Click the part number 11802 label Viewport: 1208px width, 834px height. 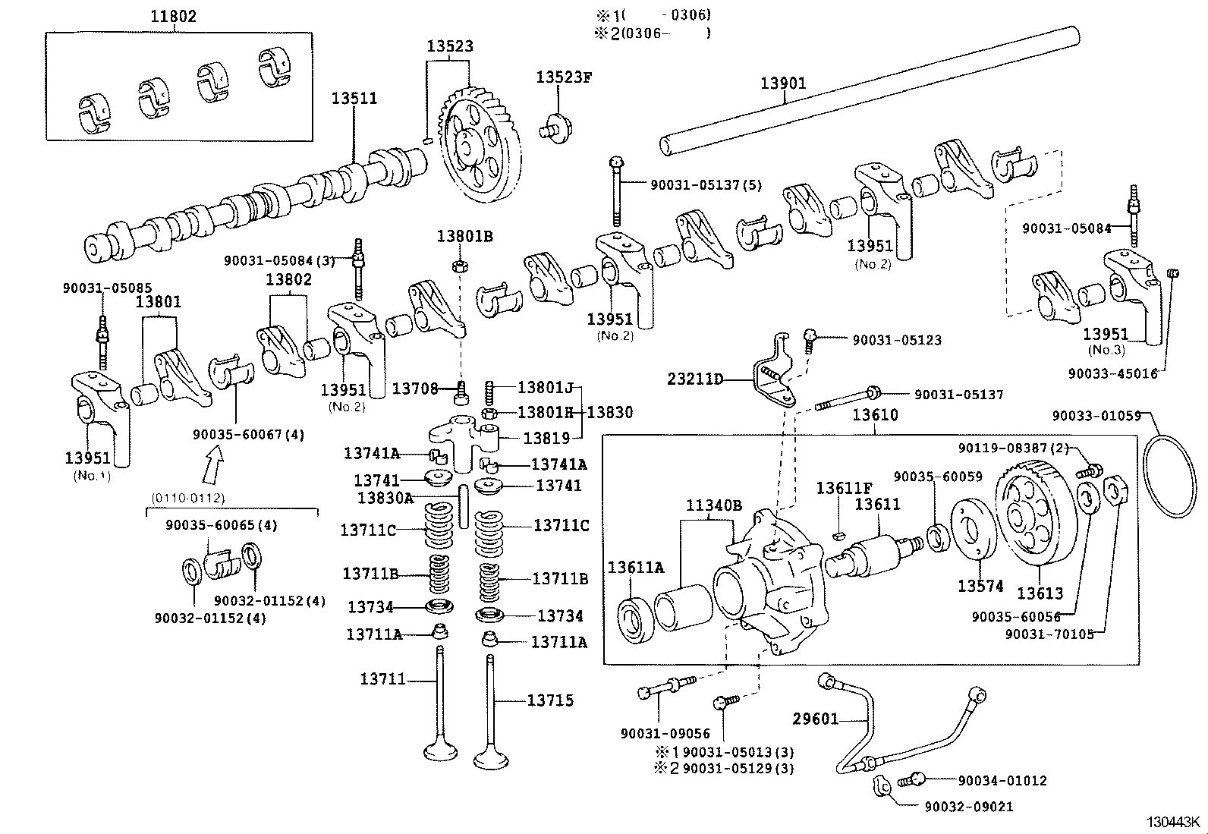172,16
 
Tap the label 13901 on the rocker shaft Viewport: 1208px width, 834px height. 783,83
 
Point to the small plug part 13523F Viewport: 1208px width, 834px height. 558,126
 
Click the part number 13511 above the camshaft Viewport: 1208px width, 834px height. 354,99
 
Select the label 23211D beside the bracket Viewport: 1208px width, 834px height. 695,378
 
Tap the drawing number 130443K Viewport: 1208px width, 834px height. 1173,823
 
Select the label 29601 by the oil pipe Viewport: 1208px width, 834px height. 816,718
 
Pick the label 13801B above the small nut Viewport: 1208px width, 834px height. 464,237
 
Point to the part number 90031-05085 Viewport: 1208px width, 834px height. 107,288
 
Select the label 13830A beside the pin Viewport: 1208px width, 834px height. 385,498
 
